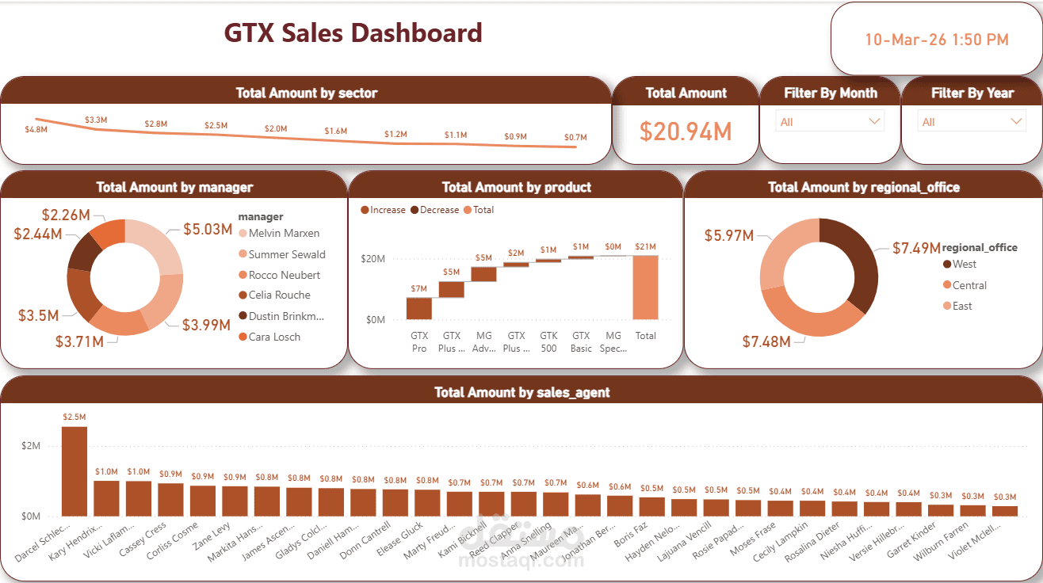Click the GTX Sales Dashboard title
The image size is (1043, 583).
tap(353, 33)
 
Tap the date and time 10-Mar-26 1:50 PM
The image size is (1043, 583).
tap(936, 40)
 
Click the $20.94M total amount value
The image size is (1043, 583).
tap(686, 131)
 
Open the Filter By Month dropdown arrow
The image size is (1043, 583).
tap(875, 122)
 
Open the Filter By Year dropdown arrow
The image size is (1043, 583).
tap(1017, 122)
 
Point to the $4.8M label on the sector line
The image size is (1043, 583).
tap(36, 129)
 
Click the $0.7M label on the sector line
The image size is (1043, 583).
tap(575, 137)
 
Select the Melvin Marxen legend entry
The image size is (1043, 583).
tap(284, 234)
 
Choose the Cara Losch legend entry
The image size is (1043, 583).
tap(274, 337)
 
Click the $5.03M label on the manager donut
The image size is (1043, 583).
tap(208, 230)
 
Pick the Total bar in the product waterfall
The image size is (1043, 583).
tap(645, 287)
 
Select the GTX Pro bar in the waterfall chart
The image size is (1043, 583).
tap(418, 308)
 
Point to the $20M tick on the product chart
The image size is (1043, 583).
tap(372, 259)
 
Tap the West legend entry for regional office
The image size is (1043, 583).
tap(965, 265)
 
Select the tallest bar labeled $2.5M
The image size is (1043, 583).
tap(74, 471)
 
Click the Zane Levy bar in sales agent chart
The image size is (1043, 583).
tap(235, 501)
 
